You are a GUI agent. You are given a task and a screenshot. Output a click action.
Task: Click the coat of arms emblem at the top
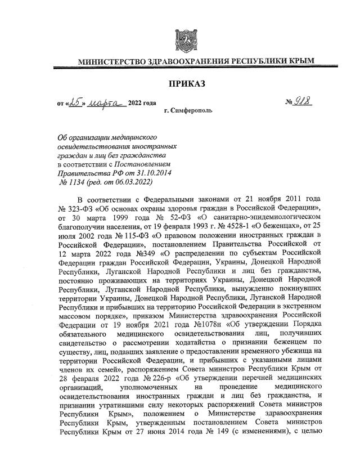coord(185,39)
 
